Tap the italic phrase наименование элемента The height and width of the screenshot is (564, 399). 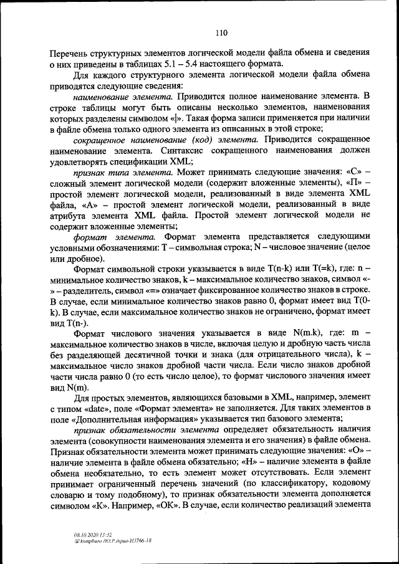(122, 97)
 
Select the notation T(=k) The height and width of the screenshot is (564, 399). (306, 269)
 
